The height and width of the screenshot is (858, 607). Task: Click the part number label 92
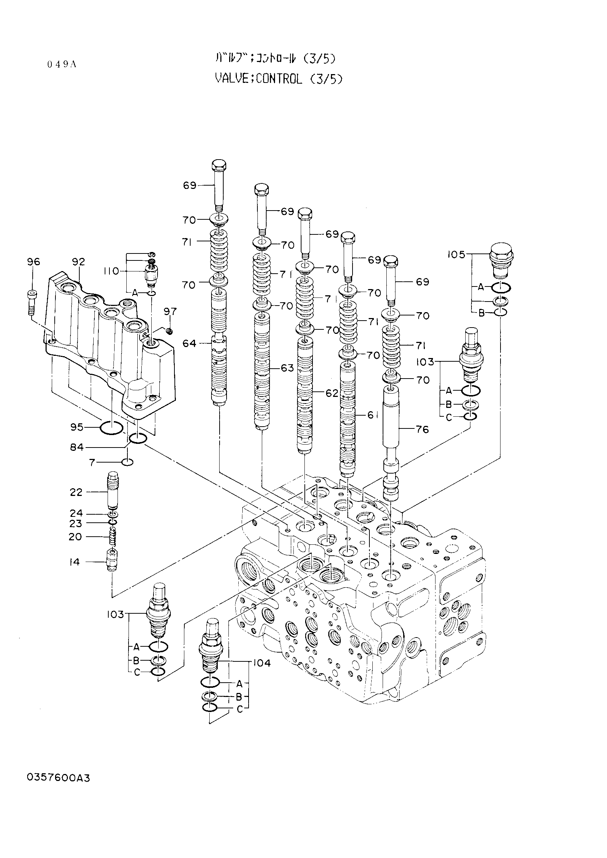pyautogui.click(x=79, y=262)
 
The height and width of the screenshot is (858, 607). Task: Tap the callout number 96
pyautogui.click(x=33, y=262)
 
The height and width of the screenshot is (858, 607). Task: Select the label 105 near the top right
pyautogui.click(x=456, y=255)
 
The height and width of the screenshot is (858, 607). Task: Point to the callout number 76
pyautogui.click(x=422, y=430)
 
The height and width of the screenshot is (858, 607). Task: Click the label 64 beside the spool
pyautogui.click(x=189, y=343)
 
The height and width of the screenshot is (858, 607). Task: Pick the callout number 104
pyautogui.click(x=262, y=663)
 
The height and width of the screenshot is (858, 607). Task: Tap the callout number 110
pyautogui.click(x=111, y=271)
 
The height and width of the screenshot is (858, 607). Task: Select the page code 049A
pyautogui.click(x=62, y=64)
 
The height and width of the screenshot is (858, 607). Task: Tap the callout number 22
pyautogui.click(x=76, y=492)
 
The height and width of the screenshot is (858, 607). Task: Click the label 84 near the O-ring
pyautogui.click(x=77, y=447)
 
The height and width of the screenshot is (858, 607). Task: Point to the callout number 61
pyautogui.click(x=372, y=415)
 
